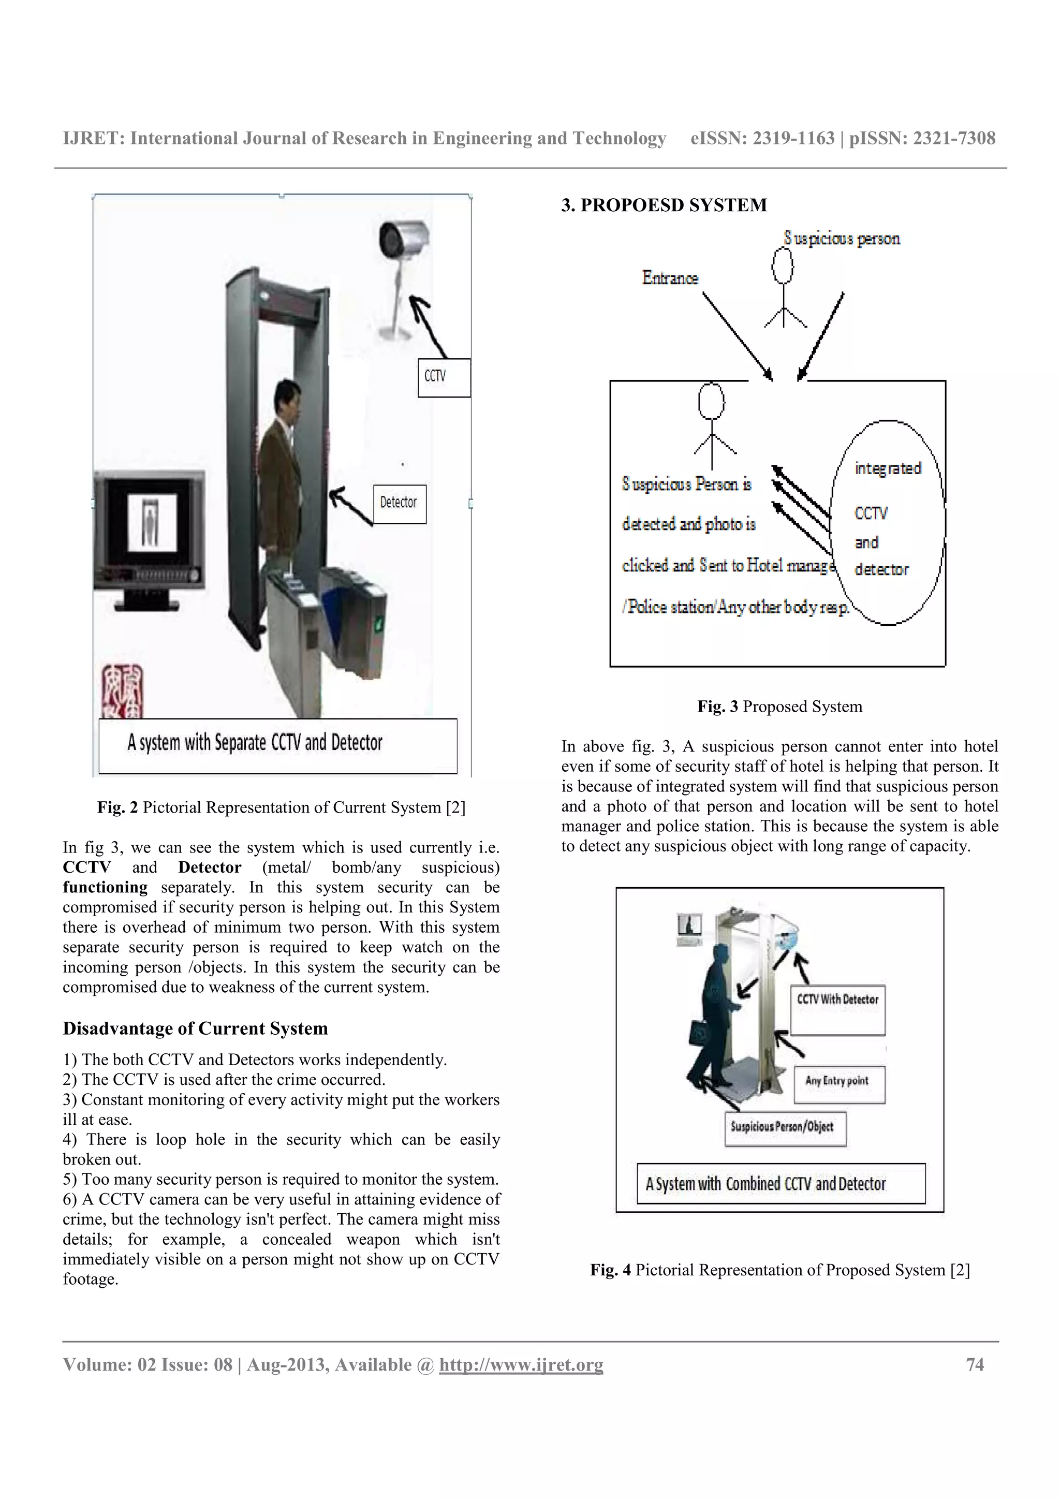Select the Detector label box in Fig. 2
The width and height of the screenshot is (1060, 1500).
[399, 504]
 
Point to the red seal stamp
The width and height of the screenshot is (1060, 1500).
[122, 691]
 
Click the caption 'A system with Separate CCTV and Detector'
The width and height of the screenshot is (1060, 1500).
[277, 745]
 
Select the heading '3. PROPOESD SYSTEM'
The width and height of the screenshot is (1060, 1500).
[664, 205]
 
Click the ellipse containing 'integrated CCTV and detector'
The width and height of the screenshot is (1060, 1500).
[887, 523]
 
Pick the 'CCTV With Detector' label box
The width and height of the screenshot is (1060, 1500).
[837, 1009]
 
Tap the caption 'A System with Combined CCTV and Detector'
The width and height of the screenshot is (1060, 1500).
[781, 1183]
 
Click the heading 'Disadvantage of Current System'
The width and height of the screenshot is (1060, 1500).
[195, 1028]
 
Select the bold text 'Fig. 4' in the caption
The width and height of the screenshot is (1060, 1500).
[610, 1270]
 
